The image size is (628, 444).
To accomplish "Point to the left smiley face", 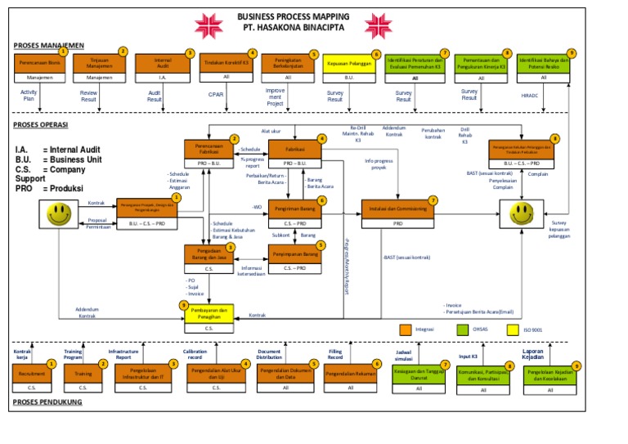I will (x=58, y=216).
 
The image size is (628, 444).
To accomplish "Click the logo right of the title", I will (x=379, y=25).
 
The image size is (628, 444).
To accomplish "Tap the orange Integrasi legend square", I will (x=406, y=330).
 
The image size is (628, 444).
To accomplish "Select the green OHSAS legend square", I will (x=463, y=330).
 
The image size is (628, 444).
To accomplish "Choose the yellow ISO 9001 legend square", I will (x=514, y=330).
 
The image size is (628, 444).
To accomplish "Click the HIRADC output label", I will (x=530, y=95).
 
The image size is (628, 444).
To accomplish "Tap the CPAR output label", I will (x=216, y=95).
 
